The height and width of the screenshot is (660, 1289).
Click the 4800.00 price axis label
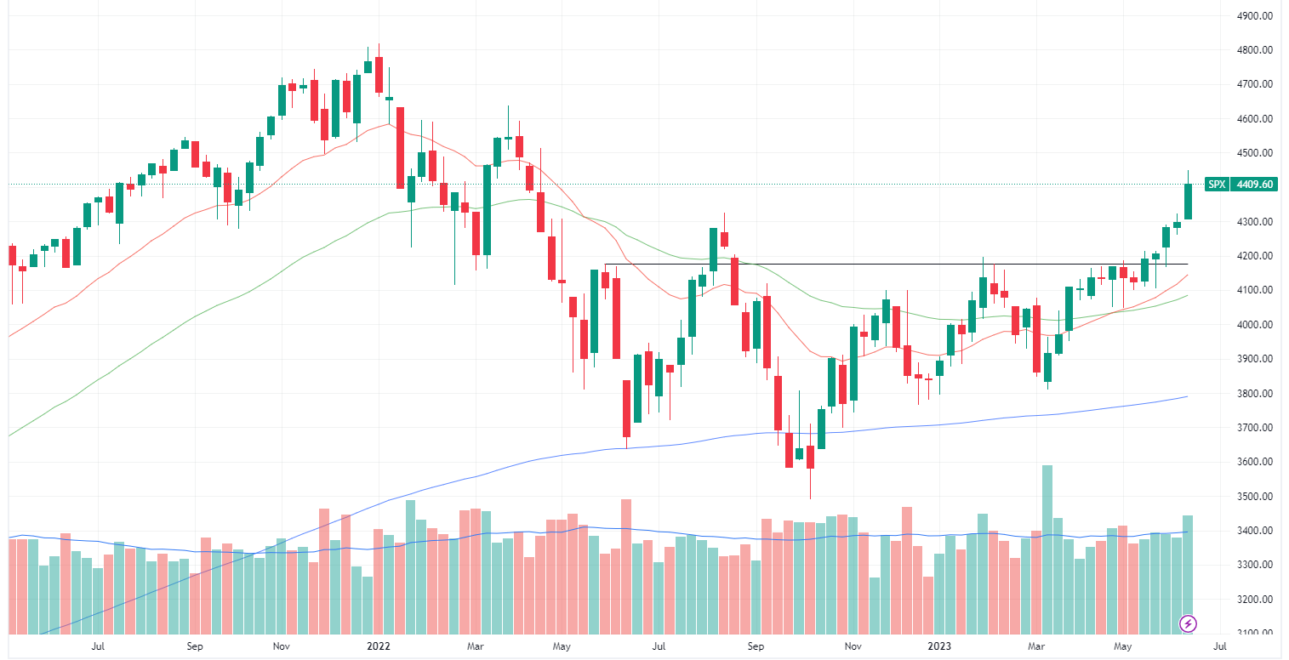[1253, 50]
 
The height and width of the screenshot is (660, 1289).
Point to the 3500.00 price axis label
[1253, 497]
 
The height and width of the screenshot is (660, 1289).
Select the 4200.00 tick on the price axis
[1253, 256]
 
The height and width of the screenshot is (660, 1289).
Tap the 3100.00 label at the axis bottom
[1253, 634]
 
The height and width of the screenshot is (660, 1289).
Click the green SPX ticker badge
[1217, 184]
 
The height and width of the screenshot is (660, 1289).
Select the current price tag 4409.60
[1254, 184]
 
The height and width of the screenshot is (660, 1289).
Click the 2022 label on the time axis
[377, 646]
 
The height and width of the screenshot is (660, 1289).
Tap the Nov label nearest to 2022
[281, 646]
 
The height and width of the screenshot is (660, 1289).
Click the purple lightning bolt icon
[1188, 623]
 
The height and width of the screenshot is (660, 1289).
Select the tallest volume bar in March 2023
[1047, 549]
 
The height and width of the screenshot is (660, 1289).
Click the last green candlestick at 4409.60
[1188, 201]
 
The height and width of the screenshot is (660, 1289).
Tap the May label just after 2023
[1124, 646]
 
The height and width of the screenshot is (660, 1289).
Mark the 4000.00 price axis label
[1253, 325]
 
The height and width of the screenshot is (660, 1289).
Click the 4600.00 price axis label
[1253, 119]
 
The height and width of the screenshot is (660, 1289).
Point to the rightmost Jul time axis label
[1219, 646]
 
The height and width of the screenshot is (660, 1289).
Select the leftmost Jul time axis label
[98, 646]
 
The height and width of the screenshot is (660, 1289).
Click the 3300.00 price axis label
[1253, 565]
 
